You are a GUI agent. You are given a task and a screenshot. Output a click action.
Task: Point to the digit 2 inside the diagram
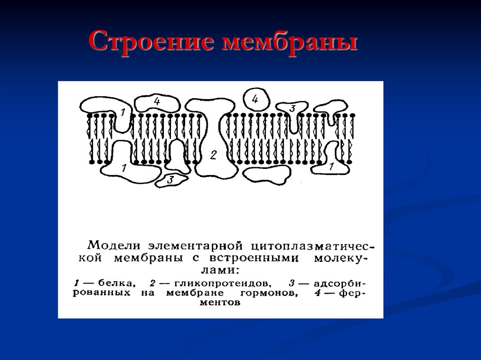[x=213, y=155]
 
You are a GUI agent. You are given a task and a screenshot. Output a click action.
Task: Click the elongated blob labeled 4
[x=156, y=102]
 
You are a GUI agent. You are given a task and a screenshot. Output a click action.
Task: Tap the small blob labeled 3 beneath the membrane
[x=171, y=179]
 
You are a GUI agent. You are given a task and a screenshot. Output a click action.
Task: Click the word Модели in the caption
[x=114, y=245]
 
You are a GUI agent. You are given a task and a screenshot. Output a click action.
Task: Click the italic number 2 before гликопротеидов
[x=152, y=283]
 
